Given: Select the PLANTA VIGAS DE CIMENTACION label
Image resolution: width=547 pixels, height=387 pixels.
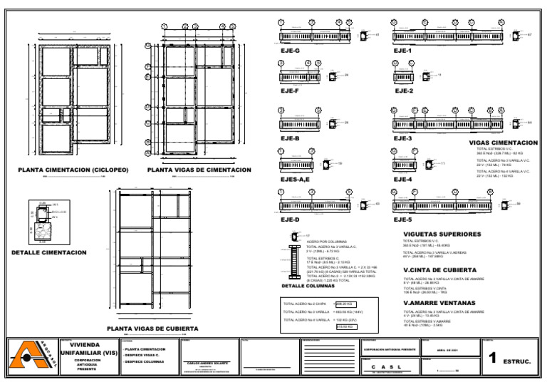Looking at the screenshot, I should [x=199, y=170].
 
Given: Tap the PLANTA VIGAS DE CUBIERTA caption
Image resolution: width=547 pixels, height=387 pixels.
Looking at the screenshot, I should [x=152, y=329].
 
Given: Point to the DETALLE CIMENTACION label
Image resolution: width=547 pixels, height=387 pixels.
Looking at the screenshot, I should [x=49, y=252].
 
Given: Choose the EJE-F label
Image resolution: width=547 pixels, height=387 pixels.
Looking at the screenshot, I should [x=289, y=91].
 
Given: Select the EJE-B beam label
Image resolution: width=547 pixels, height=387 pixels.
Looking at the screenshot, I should [x=290, y=138].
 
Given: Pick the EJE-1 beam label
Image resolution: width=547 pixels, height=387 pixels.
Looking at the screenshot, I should [x=402, y=51].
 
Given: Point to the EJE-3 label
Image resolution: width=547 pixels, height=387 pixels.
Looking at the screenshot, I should [x=402, y=138].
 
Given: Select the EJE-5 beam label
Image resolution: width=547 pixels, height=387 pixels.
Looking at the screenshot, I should [x=402, y=220].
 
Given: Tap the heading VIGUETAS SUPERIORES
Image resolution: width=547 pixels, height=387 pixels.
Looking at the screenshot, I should [x=442, y=234].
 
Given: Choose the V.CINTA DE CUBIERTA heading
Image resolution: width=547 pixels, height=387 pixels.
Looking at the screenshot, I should [x=439, y=270].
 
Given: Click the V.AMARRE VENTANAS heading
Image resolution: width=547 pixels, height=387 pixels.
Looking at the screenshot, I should [x=439, y=303].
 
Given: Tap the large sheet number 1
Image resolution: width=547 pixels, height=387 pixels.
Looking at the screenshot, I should [x=493, y=360].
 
